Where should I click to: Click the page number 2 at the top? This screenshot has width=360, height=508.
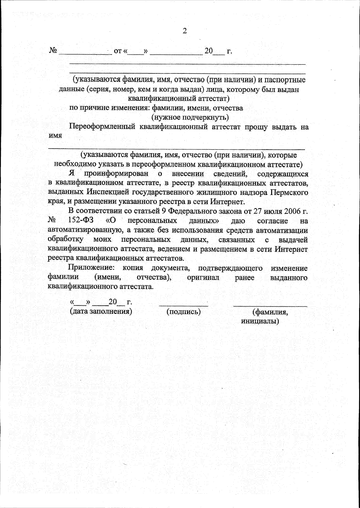(x=184, y=31)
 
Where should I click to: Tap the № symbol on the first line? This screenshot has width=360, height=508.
(x=53, y=51)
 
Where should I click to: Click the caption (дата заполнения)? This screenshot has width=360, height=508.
(x=101, y=311)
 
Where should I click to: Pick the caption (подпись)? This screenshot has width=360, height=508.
(x=183, y=312)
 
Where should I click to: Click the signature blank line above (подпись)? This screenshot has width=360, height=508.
(x=183, y=305)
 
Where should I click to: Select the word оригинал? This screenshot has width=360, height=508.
(x=203, y=278)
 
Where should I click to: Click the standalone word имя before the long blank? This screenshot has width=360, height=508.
(x=55, y=135)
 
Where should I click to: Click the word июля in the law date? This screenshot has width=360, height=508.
(x=271, y=211)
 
